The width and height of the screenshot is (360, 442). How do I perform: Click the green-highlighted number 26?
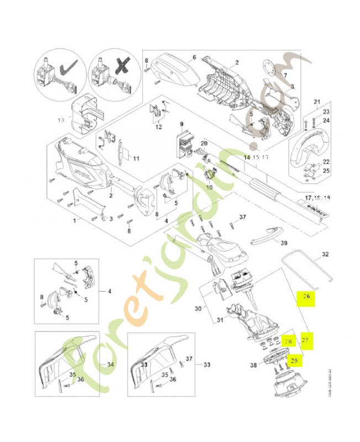(x=306, y=297)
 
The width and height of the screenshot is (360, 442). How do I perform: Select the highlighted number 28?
(x=287, y=342)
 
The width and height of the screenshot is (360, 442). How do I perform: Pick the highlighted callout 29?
(x=294, y=360)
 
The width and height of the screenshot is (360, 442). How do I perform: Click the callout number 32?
(x=325, y=255)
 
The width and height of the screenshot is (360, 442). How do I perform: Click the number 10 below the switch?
(x=209, y=187)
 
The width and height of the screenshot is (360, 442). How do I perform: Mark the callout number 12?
(x=158, y=128)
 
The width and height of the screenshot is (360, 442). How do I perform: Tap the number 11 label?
(x=135, y=159)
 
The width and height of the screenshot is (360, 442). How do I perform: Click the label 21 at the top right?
(x=317, y=102)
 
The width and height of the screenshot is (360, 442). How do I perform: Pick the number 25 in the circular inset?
(x=326, y=171)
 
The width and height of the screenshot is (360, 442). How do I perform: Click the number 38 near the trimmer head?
(x=253, y=365)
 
